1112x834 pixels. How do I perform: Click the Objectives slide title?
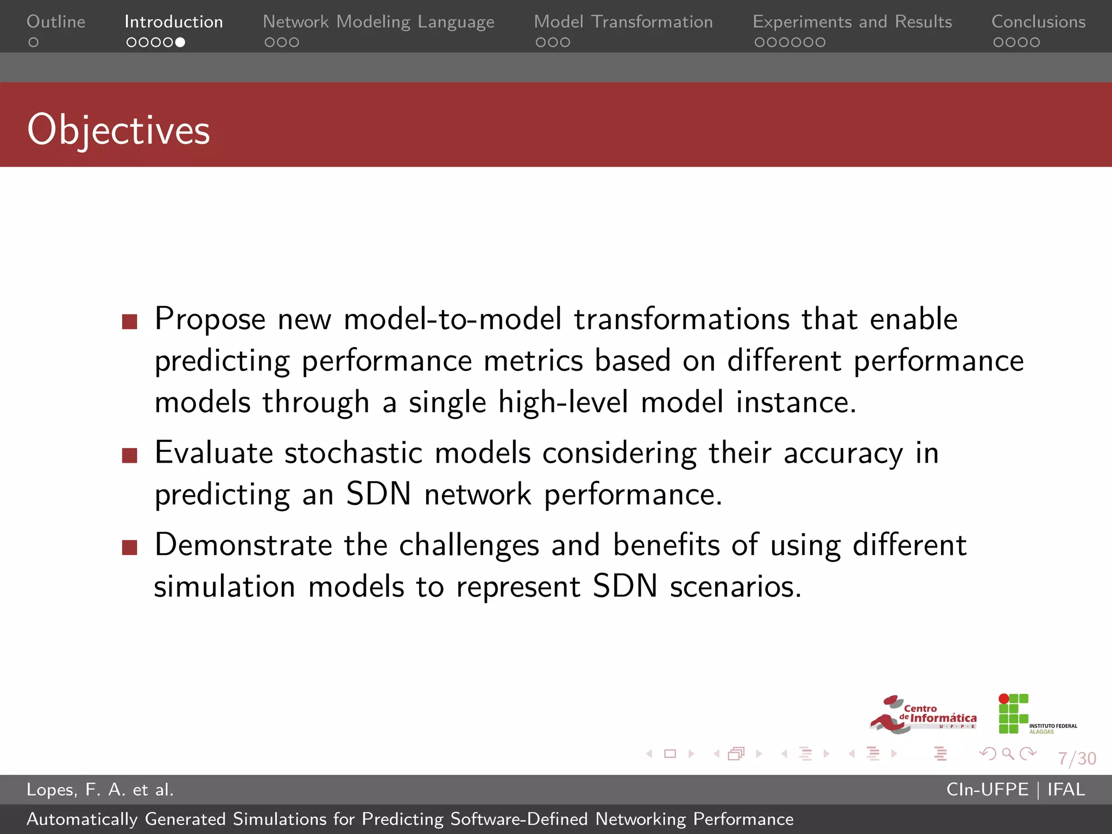118,130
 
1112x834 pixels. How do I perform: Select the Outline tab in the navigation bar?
56,22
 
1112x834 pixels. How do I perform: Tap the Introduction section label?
174,22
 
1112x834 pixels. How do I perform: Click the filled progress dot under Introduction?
180,42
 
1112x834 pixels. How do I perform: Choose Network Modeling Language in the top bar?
378,22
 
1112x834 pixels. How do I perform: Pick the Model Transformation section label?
623,22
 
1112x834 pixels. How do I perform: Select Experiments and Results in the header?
852,22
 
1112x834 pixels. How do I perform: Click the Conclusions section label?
1038,22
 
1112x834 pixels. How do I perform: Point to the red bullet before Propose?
130,321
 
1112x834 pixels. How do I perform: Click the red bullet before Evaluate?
130,455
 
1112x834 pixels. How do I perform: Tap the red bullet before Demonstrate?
130,547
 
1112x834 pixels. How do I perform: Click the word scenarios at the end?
735,587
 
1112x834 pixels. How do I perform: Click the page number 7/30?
1077,758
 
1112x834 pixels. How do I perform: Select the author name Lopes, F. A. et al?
100,789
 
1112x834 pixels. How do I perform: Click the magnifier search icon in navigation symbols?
1008,754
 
